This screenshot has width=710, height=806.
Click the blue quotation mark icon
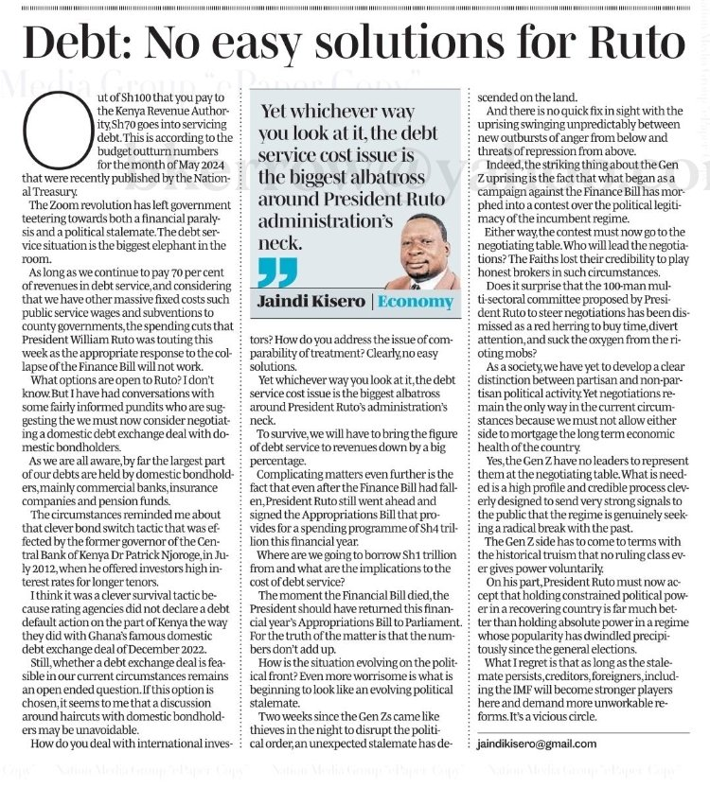276,271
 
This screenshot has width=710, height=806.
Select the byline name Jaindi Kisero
307,301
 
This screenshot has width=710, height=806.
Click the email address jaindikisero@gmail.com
537,744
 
